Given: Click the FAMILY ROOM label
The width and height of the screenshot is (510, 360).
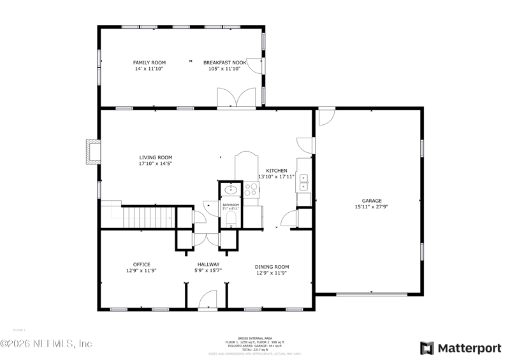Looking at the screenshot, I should pos(149,62).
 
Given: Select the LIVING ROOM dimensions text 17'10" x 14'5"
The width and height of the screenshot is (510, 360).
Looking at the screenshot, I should pos(156,164).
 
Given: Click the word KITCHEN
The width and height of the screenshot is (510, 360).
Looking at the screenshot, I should pos(277,171).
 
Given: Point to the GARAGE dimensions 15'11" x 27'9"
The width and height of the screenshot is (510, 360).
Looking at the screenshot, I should pos(372,206).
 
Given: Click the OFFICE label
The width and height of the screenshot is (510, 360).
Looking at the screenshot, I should pos(142,264).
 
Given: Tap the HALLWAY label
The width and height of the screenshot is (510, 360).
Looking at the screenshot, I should pos(208,264).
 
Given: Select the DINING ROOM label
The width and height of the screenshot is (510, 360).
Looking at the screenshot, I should pos(272,267).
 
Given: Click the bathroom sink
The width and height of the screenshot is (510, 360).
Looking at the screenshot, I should pos(230,189).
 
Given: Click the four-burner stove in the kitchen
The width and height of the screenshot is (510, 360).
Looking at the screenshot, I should pos(251,189).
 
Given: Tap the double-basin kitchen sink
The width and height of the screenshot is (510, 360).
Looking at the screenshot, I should pos(303,182).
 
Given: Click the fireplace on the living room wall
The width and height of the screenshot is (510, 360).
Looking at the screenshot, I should pos(93,152).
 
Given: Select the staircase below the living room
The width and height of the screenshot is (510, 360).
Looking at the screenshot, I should pos(148,217).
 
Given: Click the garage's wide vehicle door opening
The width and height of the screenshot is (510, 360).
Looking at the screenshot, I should pos(372,294).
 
